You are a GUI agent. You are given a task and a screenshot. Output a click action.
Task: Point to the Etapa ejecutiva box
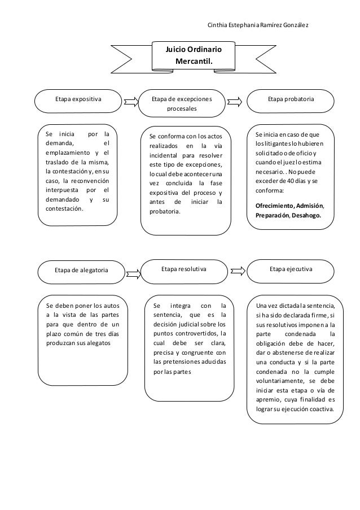291,271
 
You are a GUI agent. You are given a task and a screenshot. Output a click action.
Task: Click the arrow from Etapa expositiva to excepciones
131,102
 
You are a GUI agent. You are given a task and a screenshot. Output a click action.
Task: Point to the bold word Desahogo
306,215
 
